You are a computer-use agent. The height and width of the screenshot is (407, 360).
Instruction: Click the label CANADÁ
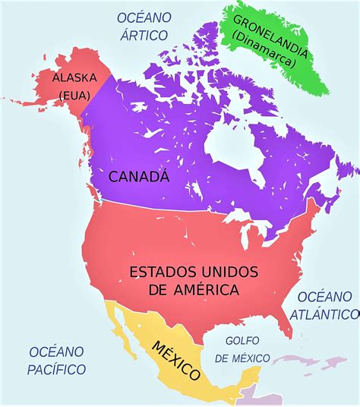[x=138, y=178]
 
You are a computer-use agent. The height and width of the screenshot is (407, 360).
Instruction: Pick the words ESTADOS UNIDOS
[x=194, y=272]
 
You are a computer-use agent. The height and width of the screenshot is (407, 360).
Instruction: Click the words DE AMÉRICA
[x=195, y=290]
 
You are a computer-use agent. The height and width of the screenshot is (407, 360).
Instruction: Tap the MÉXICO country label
[x=176, y=358]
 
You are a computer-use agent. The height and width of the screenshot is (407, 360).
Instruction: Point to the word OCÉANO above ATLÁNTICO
[x=324, y=295]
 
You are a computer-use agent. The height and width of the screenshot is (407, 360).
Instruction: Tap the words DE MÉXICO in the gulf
[x=242, y=358]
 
